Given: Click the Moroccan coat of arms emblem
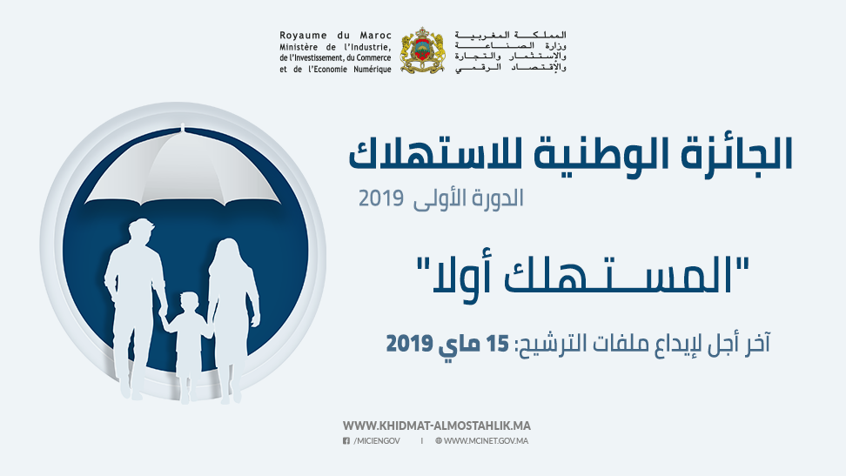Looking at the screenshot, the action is pyautogui.click(x=422, y=50).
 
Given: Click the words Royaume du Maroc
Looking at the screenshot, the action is pyautogui.click(x=335, y=36).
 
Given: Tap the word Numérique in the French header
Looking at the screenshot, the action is pyautogui.click(x=373, y=69).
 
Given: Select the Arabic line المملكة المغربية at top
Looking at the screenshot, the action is pyautogui.click(x=510, y=35).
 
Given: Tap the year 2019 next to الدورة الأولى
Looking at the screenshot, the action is pyautogui.click(x=381, y=198).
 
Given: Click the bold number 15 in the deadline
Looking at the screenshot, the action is pyautogui.click(x=498, y=343).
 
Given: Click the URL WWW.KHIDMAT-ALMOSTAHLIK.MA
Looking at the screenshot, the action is pyautogui.click(x=436, y=426).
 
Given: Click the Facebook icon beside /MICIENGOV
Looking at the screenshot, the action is pyautogui.click(x=346, y=441).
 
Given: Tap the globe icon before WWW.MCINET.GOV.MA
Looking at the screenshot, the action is pyautogui.click(x=439, y=441).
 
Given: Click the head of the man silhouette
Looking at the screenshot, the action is pyautogui.click(x=141, y=233).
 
